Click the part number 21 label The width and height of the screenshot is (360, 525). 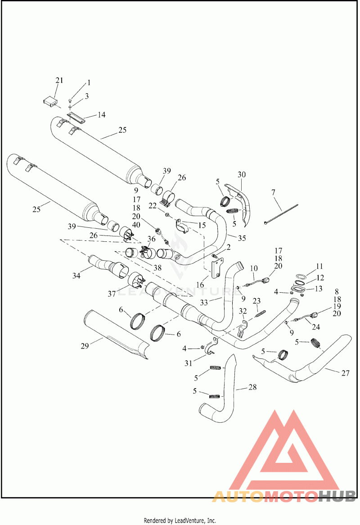click(x=59, y=81)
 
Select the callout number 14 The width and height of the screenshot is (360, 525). click(x=101, y=115)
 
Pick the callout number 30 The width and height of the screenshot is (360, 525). click(x=242, y=174)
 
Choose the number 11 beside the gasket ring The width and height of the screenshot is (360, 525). click(x=307, y=266)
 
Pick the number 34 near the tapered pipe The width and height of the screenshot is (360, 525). click(x=76, y=275)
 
